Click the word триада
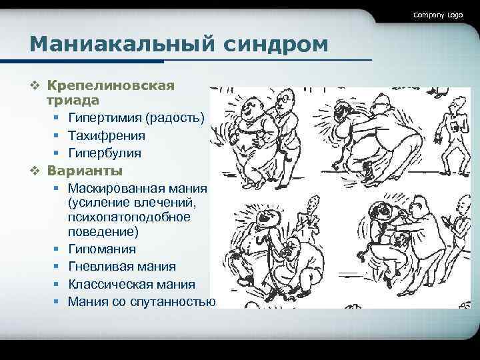pyautogui.click(x=73, y=100)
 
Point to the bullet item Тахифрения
pyautogui.click(x=106, y=135)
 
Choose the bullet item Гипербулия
pyautogui.click(x=104, y=153)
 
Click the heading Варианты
pyautogui.click(x=85, y=170)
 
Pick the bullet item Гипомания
pyautogui.click(x=101, y=249)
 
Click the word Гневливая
pyautogui.click(x=99, y=267)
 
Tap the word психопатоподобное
pyautogui.click(x=129, y=217)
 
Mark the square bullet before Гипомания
pyautogui.click(x=57, y=249)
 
